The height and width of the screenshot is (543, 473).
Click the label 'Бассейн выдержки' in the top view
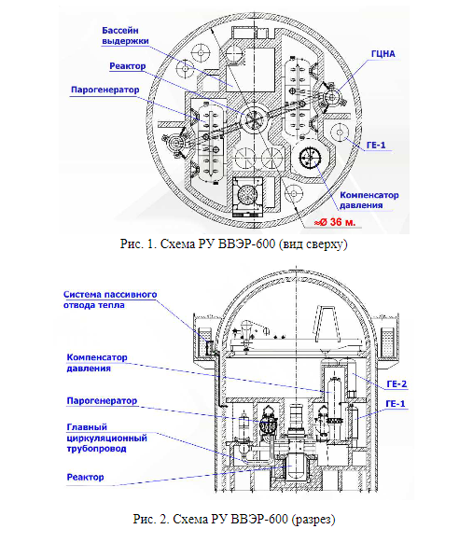point(125,35)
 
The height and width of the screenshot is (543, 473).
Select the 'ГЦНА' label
point(383,54)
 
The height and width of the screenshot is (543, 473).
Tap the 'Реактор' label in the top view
point(128,66)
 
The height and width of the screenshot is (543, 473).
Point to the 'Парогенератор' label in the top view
point(104,90)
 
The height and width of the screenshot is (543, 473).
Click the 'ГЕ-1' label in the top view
point(376,145)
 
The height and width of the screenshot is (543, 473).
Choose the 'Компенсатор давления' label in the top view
point(369,200)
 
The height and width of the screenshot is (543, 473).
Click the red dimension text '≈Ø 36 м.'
point(335,222)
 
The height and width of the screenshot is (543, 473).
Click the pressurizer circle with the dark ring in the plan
point(310,159)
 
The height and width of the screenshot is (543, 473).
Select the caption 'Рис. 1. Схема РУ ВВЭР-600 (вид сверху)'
point(234,244)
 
